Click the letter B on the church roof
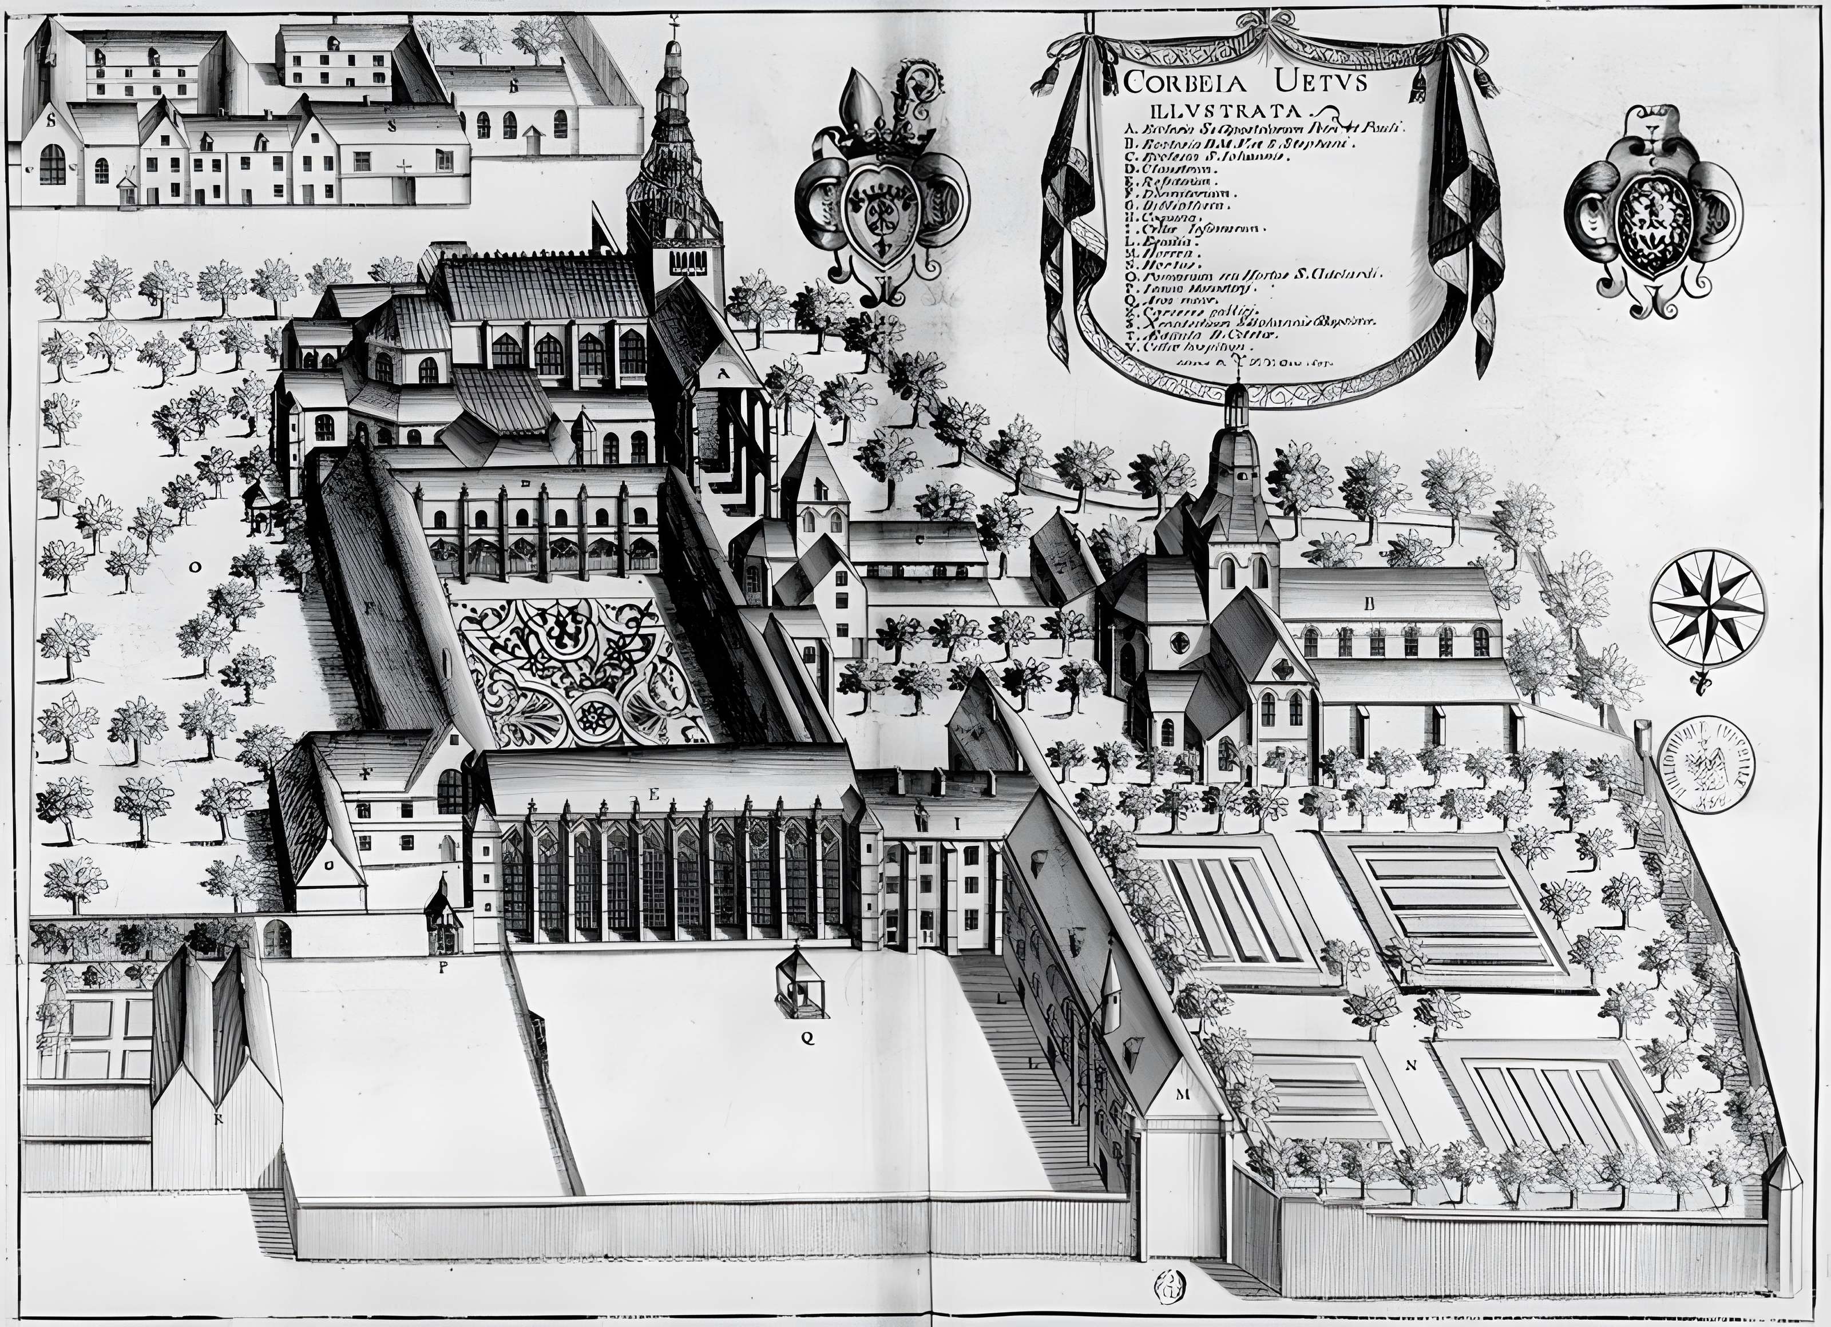[1369, 603]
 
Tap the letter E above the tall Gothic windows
[655, 795]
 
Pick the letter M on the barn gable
[1183, 1095]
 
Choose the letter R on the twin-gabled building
[217, 1118]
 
